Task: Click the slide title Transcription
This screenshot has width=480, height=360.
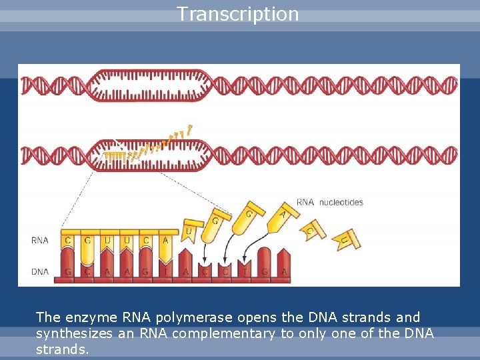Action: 238,14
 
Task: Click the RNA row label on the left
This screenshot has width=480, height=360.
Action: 39,240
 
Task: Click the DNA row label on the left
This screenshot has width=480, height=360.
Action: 39,271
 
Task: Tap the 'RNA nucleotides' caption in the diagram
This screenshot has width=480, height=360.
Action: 329,202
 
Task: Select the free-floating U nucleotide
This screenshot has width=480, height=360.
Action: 189,231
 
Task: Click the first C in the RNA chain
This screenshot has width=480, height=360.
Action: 68,240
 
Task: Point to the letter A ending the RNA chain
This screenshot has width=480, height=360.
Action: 165,240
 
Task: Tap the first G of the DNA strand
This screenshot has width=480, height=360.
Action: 68,272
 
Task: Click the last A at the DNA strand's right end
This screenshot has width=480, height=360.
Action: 284,272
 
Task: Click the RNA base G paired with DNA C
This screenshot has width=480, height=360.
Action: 87,240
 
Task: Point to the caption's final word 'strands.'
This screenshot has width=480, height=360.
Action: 62,349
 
